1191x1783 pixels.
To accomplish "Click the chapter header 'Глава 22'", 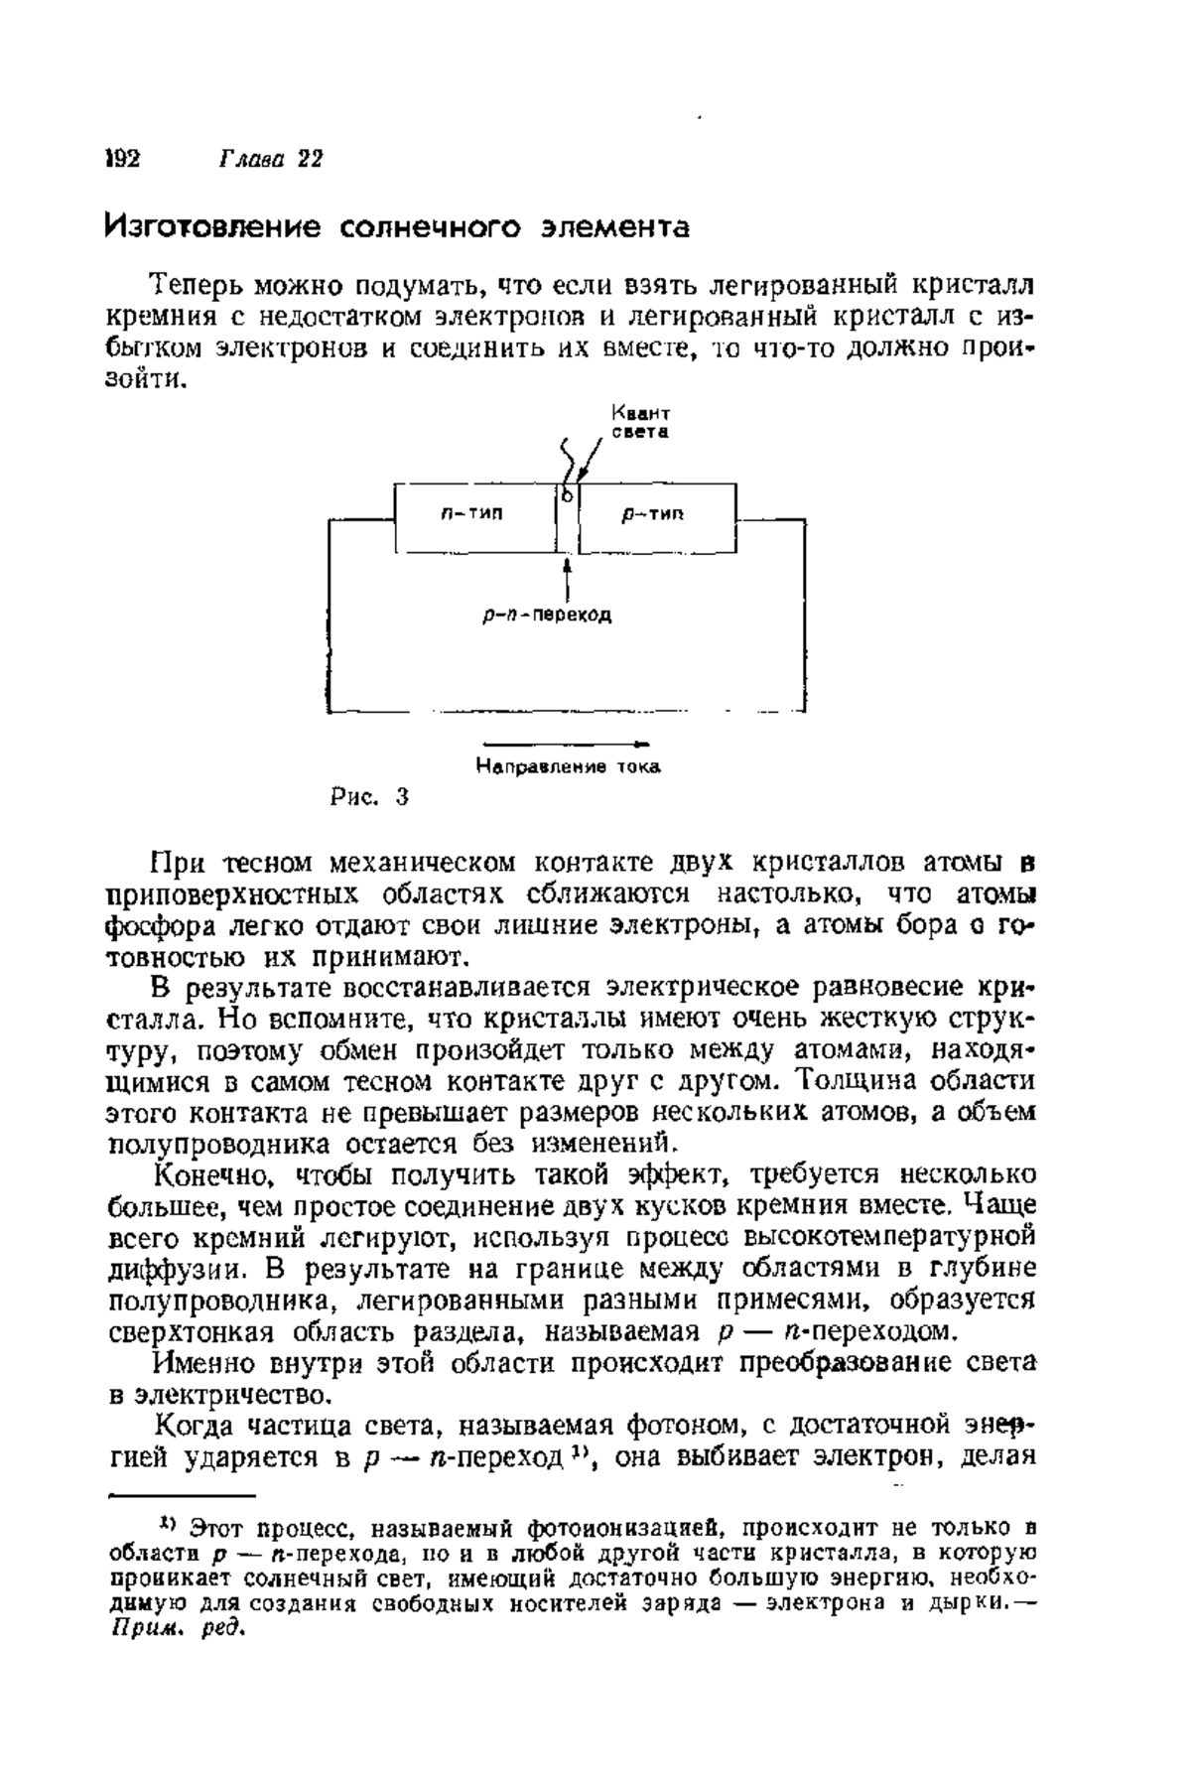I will tap(270, 160).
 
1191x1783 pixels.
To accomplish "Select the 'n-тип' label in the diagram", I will tap(471, 513).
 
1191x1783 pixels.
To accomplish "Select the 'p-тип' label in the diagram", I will tap(653, 513).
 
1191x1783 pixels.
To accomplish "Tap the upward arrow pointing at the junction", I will tap(567, 576).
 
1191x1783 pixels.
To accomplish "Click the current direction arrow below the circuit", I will tap(567, 744).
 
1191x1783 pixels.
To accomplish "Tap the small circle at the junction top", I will tap(568, 493).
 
